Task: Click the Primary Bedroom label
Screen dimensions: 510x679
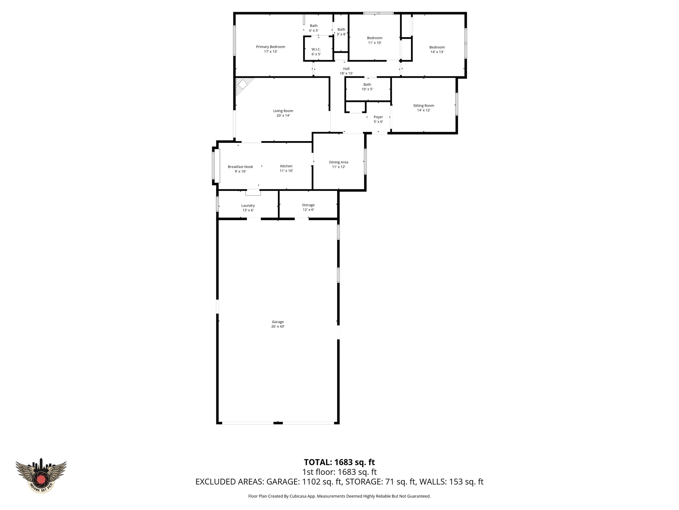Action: pos(270,47)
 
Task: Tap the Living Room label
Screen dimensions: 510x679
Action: pos(283,111)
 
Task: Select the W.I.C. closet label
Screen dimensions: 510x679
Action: pos(316,49)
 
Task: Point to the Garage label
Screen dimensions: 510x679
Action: pos(278,322)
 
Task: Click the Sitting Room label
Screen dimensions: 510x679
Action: pos(423,106)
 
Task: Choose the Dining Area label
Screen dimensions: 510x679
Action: pos(339,162)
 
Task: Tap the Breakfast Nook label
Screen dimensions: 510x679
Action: pos(240,167)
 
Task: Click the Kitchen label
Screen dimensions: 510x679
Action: pos(286,166)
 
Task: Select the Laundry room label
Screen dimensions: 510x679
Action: pos(248,206)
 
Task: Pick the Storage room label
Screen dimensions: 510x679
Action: pos(308,205)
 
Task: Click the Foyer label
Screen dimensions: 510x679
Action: pos(378,117)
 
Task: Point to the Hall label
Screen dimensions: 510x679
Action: pos(346,69)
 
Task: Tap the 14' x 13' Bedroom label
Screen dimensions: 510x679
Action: pos(437,47)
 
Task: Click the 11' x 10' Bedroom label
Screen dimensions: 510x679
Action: pos(374,38)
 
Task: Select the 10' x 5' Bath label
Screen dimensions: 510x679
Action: pos(367,85)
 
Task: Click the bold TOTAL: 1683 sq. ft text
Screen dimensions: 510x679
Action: pos(339,462)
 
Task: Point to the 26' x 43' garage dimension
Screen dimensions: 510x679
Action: pos(278,327)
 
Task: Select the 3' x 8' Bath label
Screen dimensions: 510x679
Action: pos(341,30)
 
